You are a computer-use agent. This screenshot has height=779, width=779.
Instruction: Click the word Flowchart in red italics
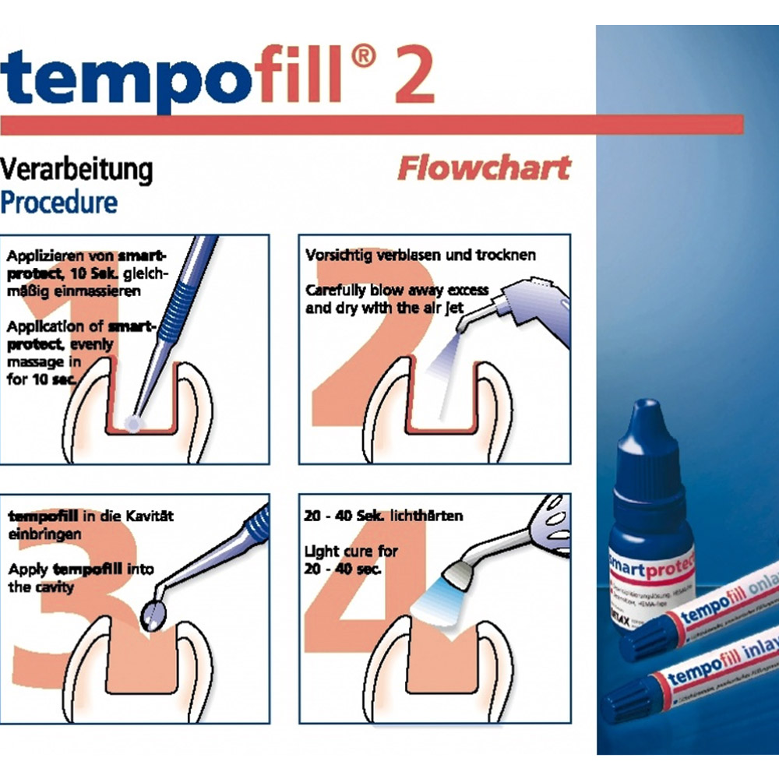click(x=483, y=167)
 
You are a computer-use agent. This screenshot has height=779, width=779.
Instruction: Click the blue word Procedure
click(x=59, y=202)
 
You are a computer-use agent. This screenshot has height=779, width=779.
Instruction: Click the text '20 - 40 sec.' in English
click(x=342, y=569)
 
